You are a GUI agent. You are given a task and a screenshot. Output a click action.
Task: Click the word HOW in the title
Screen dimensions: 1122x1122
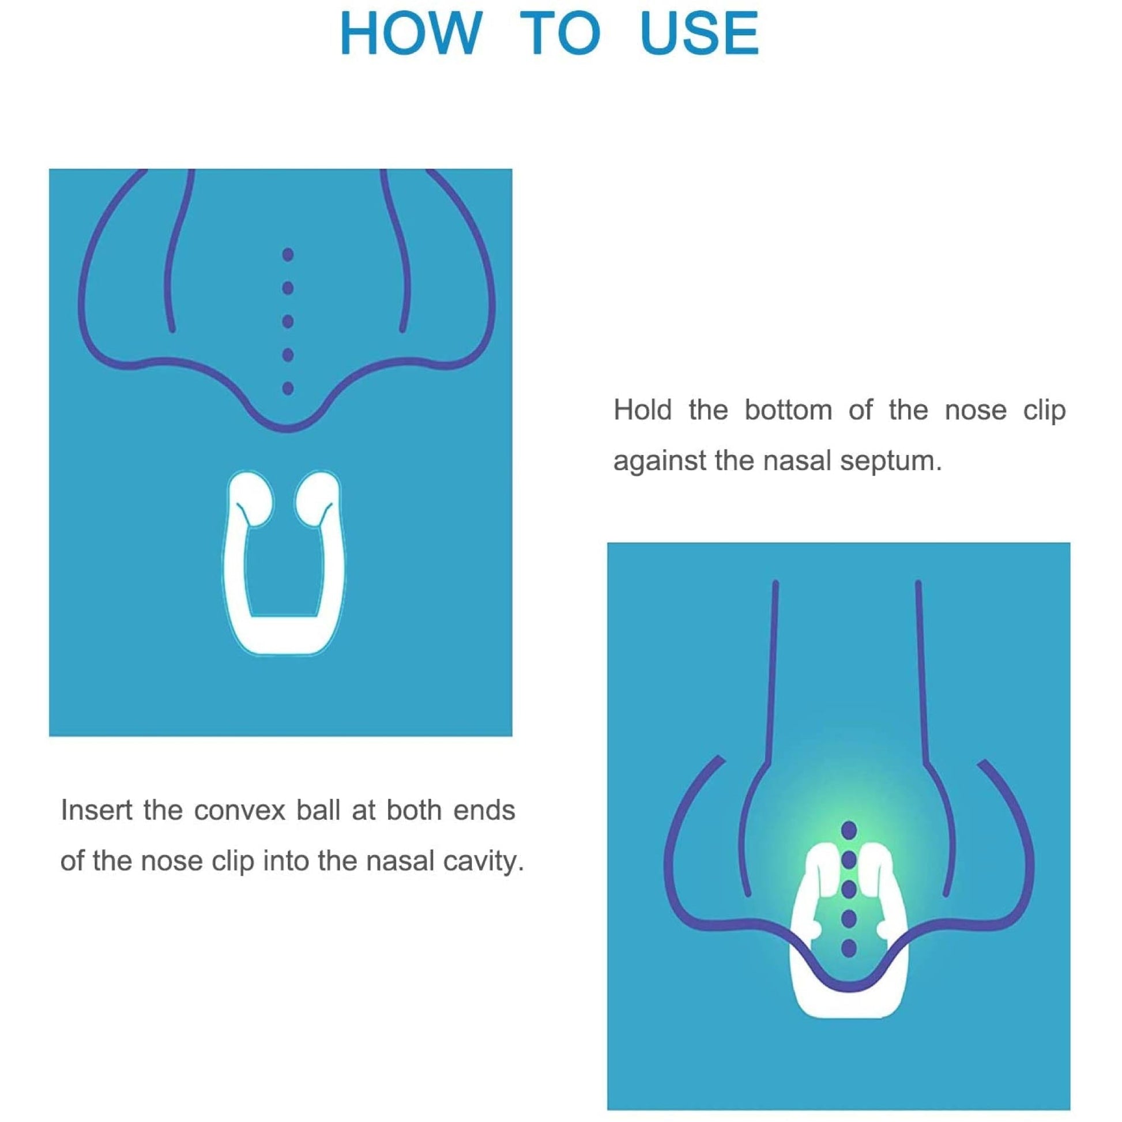[x=411, y=33]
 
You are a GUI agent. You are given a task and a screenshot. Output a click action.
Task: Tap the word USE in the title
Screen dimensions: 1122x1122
[x=699, y=33]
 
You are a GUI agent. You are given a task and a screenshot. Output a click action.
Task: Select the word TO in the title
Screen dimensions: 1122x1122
[x=560, y=33]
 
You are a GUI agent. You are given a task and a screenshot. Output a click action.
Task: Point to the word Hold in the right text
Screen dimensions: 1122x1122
[x=642, y=410]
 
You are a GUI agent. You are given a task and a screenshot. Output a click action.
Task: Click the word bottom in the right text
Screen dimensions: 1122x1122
[x=788, y=410]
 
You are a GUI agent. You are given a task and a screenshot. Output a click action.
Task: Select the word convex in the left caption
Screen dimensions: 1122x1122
[x=239, y=810]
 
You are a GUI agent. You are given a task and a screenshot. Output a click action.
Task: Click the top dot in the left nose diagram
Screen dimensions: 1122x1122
[x=288, y=254]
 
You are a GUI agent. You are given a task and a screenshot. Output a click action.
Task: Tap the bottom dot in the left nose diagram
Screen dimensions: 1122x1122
[x=288, y=388]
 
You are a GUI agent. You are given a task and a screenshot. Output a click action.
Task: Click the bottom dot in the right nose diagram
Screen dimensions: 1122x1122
[x=849, y=948]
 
